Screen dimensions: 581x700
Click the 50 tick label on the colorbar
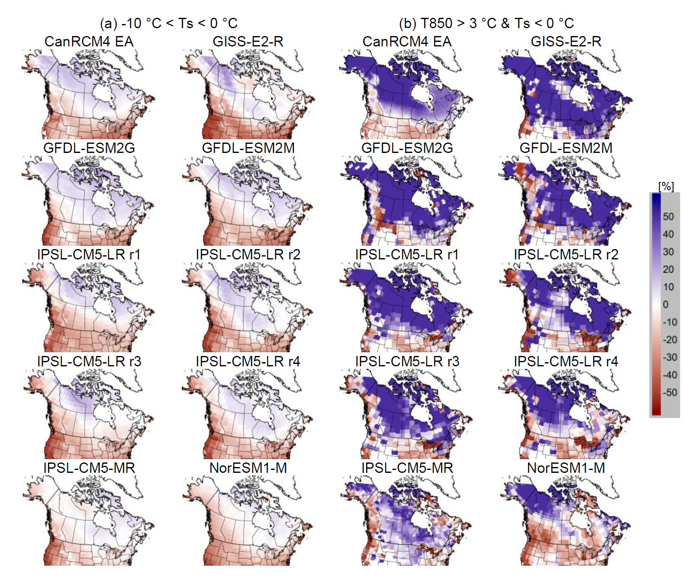(x=668, y=216)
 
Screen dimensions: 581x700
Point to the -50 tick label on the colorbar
(x=669, y=392)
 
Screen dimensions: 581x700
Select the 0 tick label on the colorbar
(x=666, y=305)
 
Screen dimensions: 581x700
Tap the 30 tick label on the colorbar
(x=668, y=252)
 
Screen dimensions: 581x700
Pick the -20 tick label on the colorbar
(x=669, y=340)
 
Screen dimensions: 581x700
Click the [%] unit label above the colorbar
(x=666, y=186)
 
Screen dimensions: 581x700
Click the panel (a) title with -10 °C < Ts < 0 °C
(x=169, y=23)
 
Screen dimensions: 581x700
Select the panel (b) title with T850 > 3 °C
(x=486, y=23)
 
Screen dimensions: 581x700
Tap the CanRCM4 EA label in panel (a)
(x=89, y=41)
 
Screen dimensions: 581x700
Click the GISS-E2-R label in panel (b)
(x=566, y=41)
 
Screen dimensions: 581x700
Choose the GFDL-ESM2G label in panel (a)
(x=89, y=148)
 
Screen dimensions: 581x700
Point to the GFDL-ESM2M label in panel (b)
(x=566, y=148)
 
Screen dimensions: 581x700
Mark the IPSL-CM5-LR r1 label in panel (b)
(x=407, y=254)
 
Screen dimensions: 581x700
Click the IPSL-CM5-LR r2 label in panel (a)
(x=248, y=254)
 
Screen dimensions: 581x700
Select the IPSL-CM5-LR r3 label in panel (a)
(x=89, y=361)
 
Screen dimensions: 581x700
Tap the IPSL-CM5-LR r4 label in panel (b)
(x=566, y=361)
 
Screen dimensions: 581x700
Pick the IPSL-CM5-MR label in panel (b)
(x=407, y=468)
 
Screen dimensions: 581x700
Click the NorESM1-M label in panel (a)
(x=248, y=468)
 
